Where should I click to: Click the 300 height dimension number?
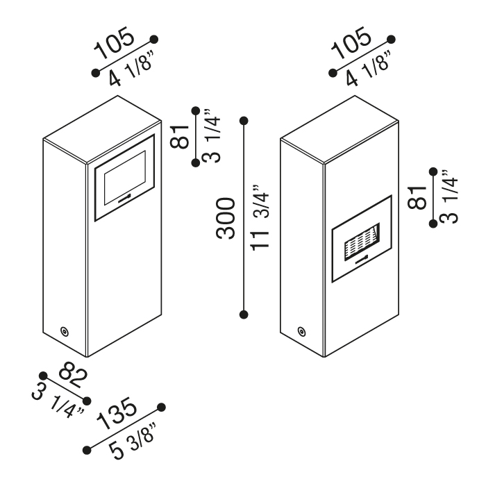pyautogui.click(x=226, y=218)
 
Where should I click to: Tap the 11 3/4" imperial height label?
pyautogui.click(x=260, y=217)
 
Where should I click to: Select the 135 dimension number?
pyautogui.click(x=116, y=414)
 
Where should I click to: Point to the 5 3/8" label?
pyautogui.click(x=133, y=441)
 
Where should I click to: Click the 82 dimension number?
pyautogui.click(x=73, y=374)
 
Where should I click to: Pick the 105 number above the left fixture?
pyautogui.click(x=115, y=43)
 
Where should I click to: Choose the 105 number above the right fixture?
pyautogui.click(x=351, y=43)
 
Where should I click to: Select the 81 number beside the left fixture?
pyautogui.click(x=179, y=137)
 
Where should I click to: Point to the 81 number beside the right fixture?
pyautogui.click(x=417, y=197)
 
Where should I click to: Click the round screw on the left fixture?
pyautogui.click(x=65, y=331)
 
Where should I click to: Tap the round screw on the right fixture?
pyautogui.click(x=301, y=331)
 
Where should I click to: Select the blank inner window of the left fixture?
pyautogui.click(x=125, y=178)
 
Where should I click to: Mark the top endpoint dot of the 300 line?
pyautogui.click(x=244, y=121)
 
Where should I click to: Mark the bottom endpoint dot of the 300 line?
pyautogui.click(x=244, y=315)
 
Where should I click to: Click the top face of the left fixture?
pyautogui.click(x=102, y=129)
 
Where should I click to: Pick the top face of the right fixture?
pyautogui.click(x=340, y=129)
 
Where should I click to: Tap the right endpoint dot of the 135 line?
pyautogui.click(x=161, y=408)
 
